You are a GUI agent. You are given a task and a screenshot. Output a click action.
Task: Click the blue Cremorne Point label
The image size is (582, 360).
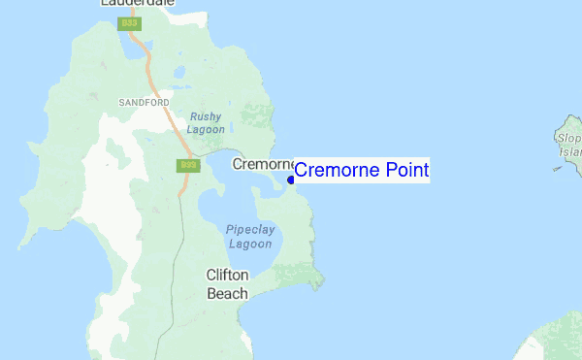tap(361, 171)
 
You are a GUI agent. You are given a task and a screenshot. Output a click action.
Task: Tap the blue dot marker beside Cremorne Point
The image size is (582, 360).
tap(291, 179)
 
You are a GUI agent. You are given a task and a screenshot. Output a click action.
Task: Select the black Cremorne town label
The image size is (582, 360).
tap(262, 164)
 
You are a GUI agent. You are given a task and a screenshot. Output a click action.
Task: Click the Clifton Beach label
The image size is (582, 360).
tap(227, 283)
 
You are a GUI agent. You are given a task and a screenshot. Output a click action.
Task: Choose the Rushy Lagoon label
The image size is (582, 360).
tap(207, 122)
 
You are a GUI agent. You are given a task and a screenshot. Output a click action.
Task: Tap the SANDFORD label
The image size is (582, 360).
tap(144, 102)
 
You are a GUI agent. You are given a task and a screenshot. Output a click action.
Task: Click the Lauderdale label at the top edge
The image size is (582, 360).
tap(138, 4)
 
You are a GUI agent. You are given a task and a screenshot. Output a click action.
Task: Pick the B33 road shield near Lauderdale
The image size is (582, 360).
tap(128, 23)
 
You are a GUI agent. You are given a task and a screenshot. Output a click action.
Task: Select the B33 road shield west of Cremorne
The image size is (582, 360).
tap(188, 166)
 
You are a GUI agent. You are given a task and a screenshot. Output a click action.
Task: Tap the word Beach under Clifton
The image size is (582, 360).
tap(227, 293)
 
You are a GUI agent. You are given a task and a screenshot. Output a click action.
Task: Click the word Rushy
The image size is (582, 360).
tap(207, 115)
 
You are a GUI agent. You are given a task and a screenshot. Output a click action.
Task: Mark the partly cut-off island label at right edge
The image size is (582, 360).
tap(570, 145)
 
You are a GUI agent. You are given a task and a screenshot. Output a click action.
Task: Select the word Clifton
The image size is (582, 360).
tap(228, 275)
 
